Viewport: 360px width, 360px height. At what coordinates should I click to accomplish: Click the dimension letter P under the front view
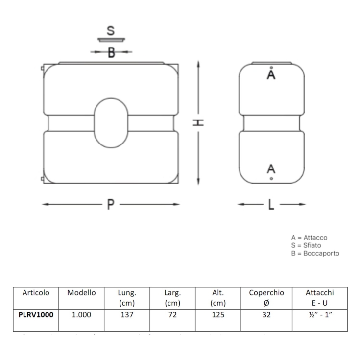(111, 205)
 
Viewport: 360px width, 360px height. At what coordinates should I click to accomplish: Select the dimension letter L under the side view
(271, 205)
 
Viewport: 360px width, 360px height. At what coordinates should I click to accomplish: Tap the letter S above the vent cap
(111, 30)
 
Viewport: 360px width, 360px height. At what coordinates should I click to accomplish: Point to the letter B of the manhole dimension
(111, 52)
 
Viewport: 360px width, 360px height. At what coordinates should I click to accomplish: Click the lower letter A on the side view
(271, 169)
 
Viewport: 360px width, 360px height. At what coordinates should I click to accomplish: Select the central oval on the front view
(111, 122)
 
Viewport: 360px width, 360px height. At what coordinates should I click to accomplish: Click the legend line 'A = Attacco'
(309, 237)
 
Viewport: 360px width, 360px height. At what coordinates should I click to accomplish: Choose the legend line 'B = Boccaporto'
(314, 253)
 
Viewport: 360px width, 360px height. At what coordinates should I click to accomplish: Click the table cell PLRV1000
(36, 315)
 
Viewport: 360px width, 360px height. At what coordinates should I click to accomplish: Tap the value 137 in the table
(127, 315)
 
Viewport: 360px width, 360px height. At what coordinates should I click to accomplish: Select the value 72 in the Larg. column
(172, 315)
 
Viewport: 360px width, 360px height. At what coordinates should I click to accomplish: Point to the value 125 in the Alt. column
(218, 315)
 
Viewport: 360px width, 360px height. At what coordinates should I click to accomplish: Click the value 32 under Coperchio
(266, 315)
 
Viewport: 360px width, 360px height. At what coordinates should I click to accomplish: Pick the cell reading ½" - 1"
(319, 315)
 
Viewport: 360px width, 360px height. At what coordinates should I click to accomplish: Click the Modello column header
(81, 293)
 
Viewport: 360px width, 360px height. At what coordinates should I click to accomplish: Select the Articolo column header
(36, 293)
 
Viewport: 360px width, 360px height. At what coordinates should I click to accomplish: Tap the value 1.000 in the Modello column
(81, 315)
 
